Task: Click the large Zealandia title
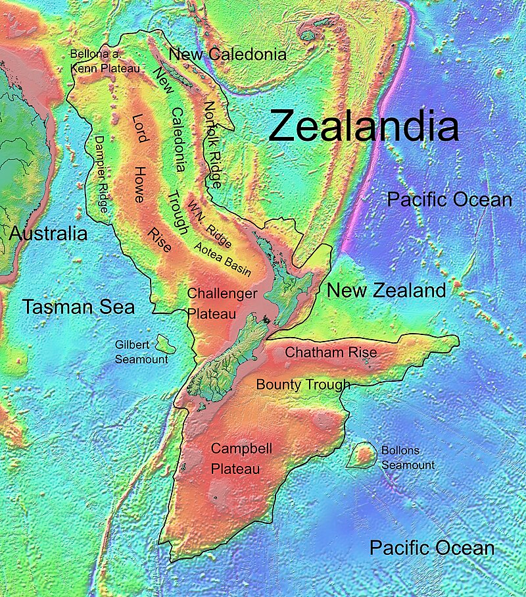pyautogui.click(x=363, y=126)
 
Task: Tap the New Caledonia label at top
pyautogui.click(x=227, y=55)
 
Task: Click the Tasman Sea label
pyautogui.click(x=78, y=306)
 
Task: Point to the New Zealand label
pyautogui.click(x=387, y=290)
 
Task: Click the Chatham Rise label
pyautogui.click(x=331, y=353)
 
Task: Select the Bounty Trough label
pyautogui.click(x=303, y=384)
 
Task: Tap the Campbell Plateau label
pyautogui.click(x=241, y=459)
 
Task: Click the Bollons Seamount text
pyautogui.click(x=408, y=457)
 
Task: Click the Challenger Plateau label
pyautogui.click(x=222, y=304)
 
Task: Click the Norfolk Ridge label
pyautogui.click(x=214, y=144)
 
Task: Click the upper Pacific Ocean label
pyautogui.click(x=449, y=199)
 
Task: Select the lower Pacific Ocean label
pyautogui.click(x=431, y=548)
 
